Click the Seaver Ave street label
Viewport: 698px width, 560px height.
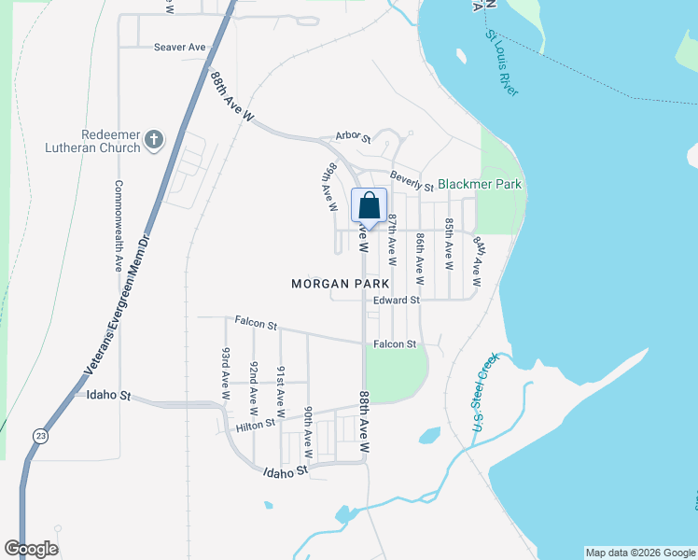(179, 47)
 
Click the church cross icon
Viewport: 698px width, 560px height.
(154, 141)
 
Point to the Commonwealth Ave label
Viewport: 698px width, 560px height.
(119, 225)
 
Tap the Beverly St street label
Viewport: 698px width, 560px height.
(412, 181)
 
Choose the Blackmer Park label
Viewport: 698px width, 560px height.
(480, 185)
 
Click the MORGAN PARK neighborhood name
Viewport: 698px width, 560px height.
(340, 283)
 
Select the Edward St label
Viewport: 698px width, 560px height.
(397, 301)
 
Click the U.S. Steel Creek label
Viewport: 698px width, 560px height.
(479, 396)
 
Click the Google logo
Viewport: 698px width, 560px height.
(31, 549)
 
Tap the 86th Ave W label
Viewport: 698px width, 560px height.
(420, 259)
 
